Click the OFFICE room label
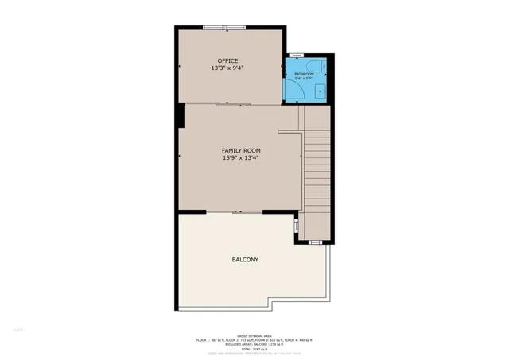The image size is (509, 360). click(x=229, y=61)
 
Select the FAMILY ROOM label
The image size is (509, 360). click(x=241, y=150)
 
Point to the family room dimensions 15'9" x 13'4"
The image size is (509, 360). click(x=241, y=157)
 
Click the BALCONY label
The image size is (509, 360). click(x=245, y=260)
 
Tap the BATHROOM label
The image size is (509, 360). click(x=305, y=74)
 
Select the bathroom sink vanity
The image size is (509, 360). click(x=320, y=92)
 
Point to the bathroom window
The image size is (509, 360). click(x=296, y=55)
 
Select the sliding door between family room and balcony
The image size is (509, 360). click(x=237, y=212)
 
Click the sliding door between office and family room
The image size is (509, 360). click(x=230, y=104)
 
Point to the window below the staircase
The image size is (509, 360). click(x=315, y=241)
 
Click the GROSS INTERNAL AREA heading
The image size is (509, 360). click(x=254, y=335)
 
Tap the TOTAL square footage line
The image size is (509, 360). click(x=254, y=349)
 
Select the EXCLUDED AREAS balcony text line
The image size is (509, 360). click(x=254, y=344)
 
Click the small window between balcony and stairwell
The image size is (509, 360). click(x=296, y=227)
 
